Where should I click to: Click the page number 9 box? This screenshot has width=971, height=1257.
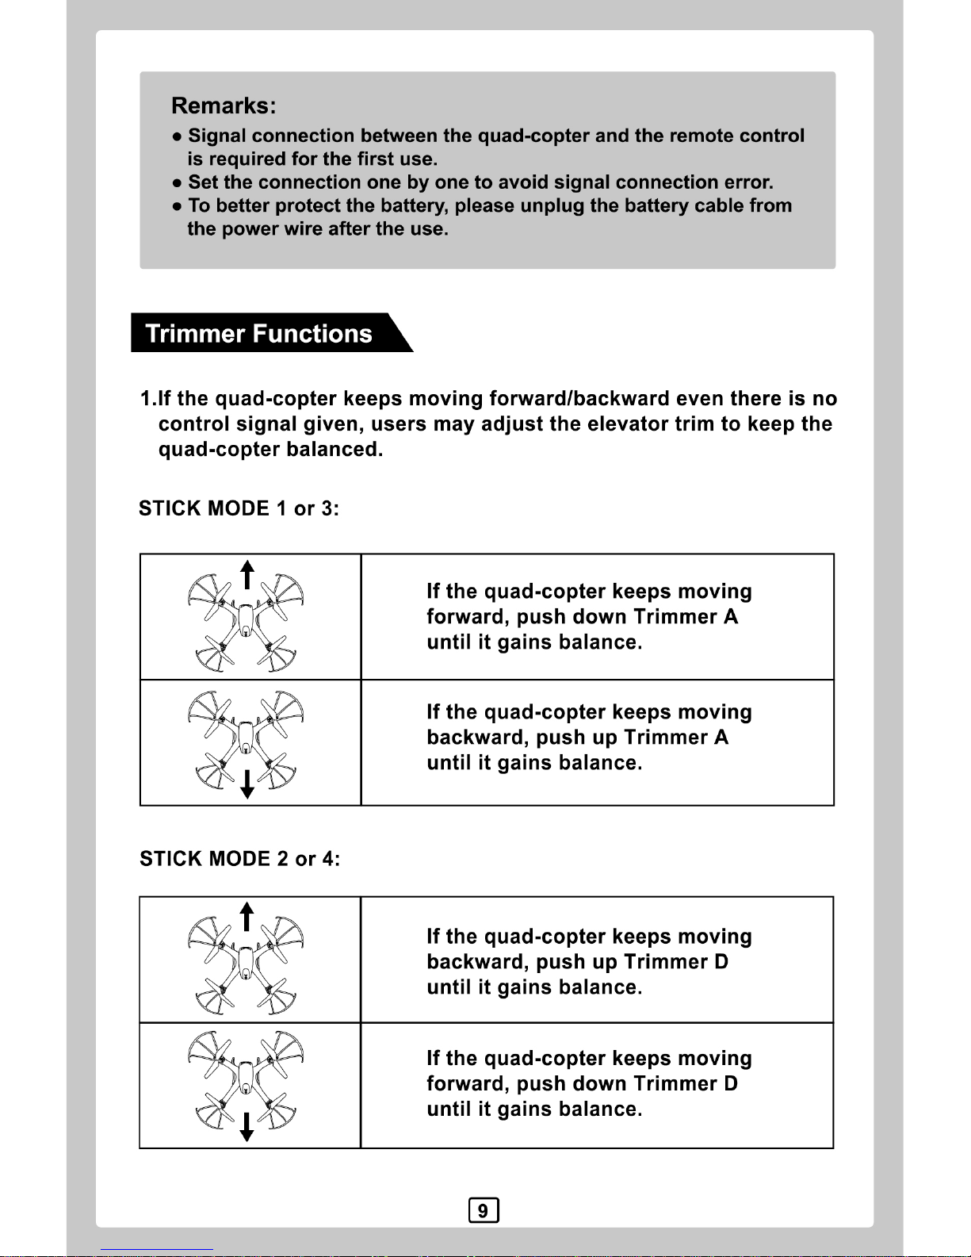(x=484, y=1211)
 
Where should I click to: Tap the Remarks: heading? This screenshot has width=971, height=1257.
(x=224, y=106)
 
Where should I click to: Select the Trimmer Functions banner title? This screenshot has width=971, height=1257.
(x=259, y=334)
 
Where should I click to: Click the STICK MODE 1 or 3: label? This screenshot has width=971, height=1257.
(x=239, y=508)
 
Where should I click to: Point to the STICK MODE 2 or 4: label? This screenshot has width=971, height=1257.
(x=239, y=859)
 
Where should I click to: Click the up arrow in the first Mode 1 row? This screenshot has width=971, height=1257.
(x=247, y=574)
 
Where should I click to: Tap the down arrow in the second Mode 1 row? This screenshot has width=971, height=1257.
(x=247, y=784)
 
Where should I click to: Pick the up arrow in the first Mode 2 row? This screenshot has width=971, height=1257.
(x=247, y=917)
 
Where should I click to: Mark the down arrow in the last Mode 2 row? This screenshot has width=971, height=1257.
(x=247, y=1126)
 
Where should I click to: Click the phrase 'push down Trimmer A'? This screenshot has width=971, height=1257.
(x=627, y=617)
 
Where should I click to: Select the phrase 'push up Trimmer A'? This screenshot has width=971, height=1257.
(x=632, y=738)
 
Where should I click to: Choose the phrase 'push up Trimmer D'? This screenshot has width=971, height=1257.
(x=632, y=962)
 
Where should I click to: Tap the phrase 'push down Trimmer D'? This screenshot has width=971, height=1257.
(x=627, y=1084)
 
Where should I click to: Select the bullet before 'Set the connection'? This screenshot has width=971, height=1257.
(x=177, y=183)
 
